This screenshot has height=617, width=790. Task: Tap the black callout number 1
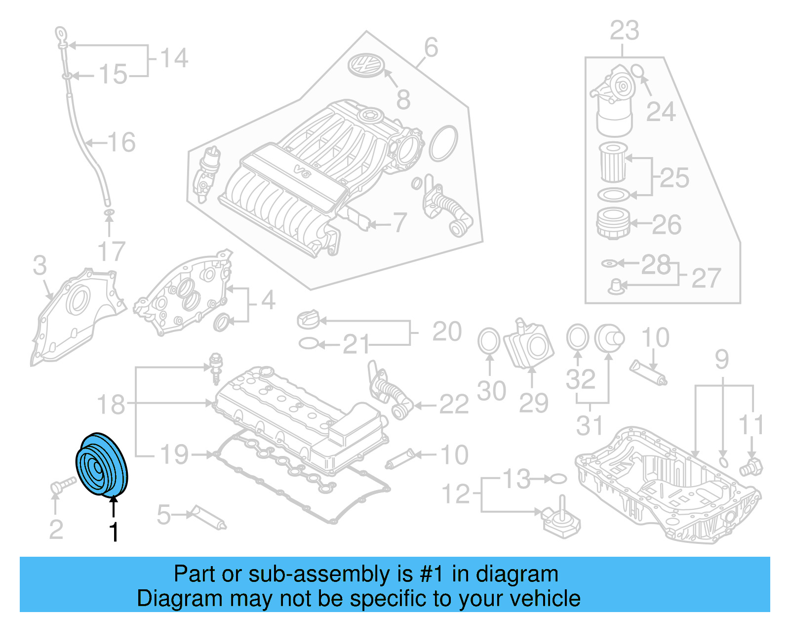coord(114,532)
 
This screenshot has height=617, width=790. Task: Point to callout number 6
coord(431,48)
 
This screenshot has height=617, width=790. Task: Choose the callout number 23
coord(624,31)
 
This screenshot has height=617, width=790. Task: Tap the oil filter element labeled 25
coord(613,162)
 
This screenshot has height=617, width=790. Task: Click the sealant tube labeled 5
coord(209,517)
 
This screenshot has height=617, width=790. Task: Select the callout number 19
coord(174,454)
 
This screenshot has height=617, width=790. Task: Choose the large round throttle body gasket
coord(443,143)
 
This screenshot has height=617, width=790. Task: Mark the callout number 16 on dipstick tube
coord(121,142)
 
